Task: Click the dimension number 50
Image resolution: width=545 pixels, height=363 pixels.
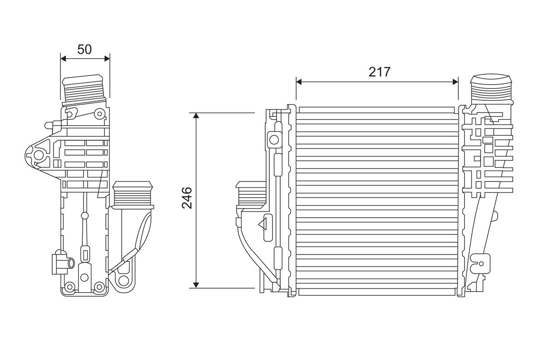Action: pos(84,49)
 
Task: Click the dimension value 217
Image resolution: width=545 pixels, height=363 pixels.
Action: pos(380,72)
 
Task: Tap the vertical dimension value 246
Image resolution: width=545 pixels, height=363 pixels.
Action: pos(187,198)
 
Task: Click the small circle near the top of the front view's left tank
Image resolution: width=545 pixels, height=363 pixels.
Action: pos(274,138)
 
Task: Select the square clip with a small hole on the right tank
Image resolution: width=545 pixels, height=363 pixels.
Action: pos(481,261)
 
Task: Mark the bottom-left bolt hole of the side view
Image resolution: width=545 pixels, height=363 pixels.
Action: pos(69,287)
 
